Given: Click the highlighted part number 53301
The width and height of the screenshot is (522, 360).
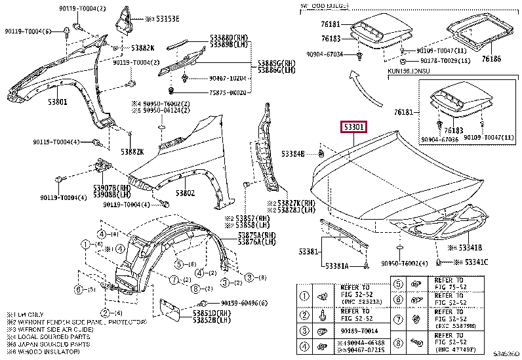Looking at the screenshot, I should tap(353, 127).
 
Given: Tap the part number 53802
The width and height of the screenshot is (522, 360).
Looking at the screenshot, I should tap(185, 194).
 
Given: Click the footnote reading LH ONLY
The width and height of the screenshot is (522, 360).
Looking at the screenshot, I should tap(27, 315).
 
